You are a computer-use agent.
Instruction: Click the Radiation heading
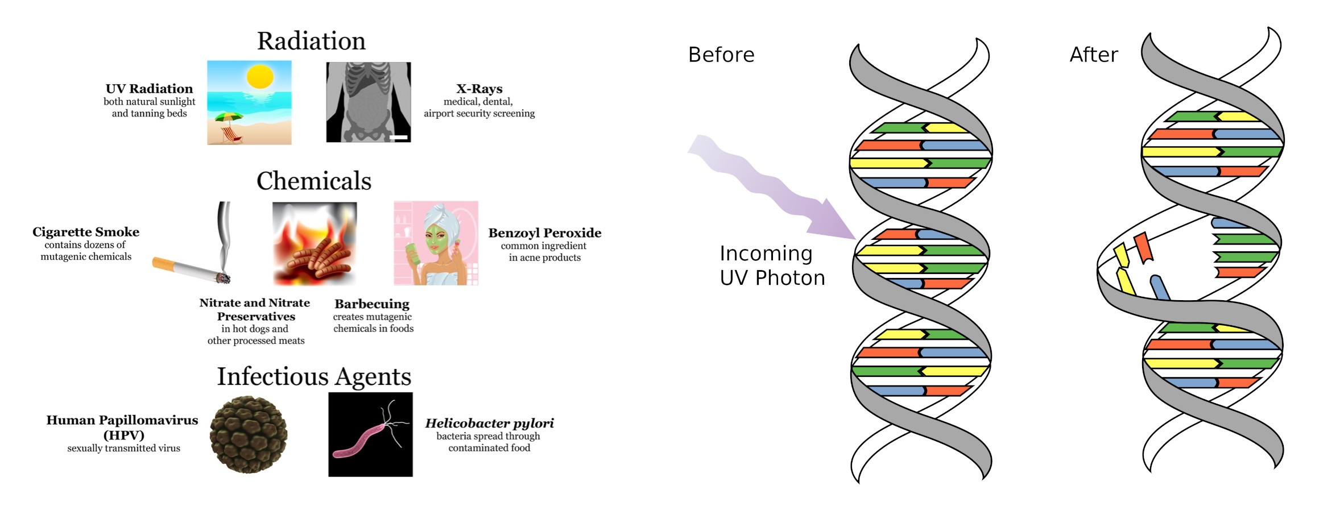(x=311, y=41)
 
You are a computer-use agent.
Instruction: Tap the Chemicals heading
(x=313, y=181)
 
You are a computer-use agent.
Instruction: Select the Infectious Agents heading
(x=314, y=376)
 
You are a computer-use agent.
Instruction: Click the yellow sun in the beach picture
(x=260, y=77)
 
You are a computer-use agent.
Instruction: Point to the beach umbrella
(x=229, y=118)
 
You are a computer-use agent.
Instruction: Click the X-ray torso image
(x=368, y=102)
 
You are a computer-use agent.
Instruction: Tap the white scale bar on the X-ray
(x=399, y=138)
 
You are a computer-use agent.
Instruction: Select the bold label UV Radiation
(x=149, y=89)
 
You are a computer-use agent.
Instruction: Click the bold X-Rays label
(x=479, y=89)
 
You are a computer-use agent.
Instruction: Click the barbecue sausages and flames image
(x=315, y=243)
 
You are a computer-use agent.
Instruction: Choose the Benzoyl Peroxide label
(x=544, y=233)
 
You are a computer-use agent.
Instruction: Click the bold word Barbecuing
(x=372, y=304)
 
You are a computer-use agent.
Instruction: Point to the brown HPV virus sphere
(x=249, y=435)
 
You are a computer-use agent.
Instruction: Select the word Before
(x=721, y=55)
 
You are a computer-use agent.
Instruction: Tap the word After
(x=1093, y=55)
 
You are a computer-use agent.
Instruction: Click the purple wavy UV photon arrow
(x=774, y=188)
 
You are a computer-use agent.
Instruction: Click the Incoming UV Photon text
(x=772, y=265)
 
